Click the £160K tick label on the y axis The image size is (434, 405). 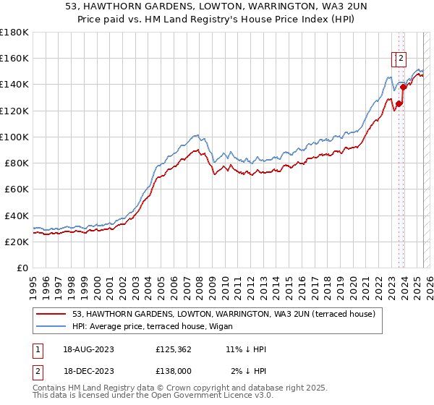(x=14, y=58)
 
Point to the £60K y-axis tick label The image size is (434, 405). (x=17, y=189)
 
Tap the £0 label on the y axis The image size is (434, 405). (x=23, y=268)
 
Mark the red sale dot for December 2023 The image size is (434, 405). (x=403, y=88)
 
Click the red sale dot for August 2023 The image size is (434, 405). (x=399, y=103)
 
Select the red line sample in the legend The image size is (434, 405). (x=51, y=314)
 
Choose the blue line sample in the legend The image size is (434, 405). (x=51, y=326)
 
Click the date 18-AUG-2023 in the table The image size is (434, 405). (x=88, y=349)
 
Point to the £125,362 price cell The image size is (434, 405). (x=174, y=349)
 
